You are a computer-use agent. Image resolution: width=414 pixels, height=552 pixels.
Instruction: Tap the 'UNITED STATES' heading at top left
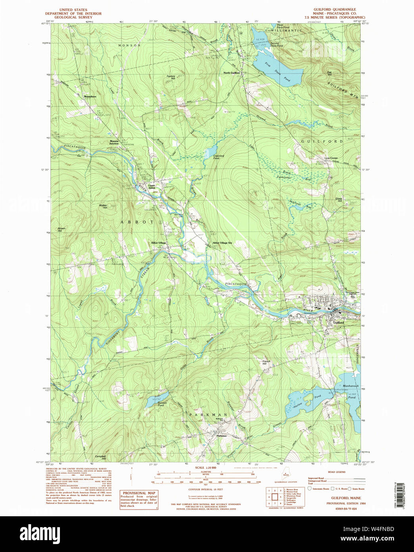coord(73,10)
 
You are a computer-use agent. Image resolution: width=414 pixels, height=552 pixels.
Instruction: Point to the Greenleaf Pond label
coord(219,157)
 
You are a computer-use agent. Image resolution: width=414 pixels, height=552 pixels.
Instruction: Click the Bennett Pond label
coord(160,404)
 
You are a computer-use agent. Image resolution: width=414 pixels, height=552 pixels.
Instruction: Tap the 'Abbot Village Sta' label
coord(222,243)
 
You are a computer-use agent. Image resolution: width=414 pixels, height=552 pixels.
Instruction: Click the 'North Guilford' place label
coord(231,73)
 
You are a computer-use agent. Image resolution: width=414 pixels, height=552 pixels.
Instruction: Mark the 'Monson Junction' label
coord(114,142)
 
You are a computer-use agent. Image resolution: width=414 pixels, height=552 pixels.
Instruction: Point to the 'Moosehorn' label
coord(90,97)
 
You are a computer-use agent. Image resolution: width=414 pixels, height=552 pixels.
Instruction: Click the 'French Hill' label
coord(266,362)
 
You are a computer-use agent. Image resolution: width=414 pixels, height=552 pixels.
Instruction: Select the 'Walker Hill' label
coord(103,207)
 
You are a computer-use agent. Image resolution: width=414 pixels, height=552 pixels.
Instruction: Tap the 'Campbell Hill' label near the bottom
coord(100,457)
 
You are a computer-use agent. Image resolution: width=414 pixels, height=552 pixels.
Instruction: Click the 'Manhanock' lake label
coord(350,386)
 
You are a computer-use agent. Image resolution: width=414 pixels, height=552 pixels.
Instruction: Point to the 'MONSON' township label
coord(129,46)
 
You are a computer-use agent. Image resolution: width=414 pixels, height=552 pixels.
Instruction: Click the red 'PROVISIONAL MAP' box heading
coord(139,493)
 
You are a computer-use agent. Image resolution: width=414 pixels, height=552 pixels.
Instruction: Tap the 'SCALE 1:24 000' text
coord(205,468)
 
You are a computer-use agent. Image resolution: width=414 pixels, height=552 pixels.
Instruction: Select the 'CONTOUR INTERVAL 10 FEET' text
coord(205,489)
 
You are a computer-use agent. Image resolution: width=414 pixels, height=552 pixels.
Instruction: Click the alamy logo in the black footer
coord(40,533)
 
